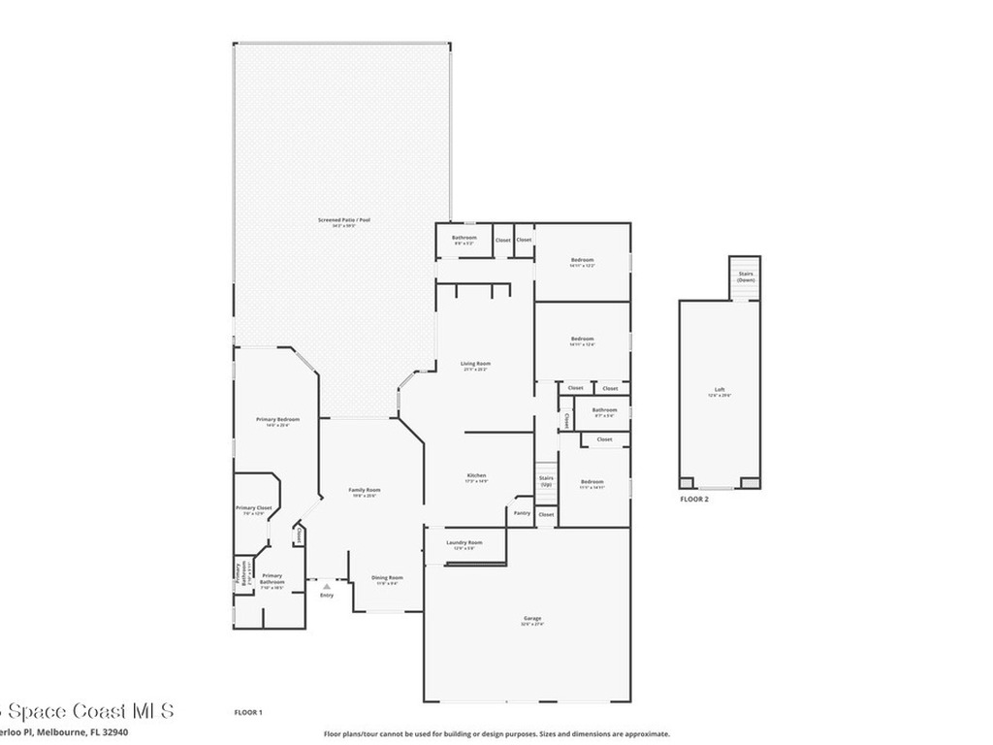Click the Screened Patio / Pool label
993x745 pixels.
pos(344,220)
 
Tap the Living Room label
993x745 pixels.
pos(475,364)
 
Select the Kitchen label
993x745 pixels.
pos(475,475)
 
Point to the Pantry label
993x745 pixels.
pos(522,512)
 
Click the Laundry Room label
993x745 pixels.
pos(464,542)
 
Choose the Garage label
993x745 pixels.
pos(532,619)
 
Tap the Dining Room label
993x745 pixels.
pos(387,578)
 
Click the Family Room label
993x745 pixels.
pos(365,490)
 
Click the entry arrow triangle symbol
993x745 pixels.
pos(327,586)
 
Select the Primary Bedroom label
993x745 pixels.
pos(277,419)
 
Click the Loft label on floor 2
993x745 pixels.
pos(720,390)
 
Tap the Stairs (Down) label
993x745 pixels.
pos(745,276)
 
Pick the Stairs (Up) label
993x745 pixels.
pos(546,480)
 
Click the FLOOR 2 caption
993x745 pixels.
pos(694,498)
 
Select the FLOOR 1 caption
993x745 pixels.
pos(248,713)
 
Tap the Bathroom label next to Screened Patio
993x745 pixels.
pos(464,238)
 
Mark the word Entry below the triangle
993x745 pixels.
pos(327,596)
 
